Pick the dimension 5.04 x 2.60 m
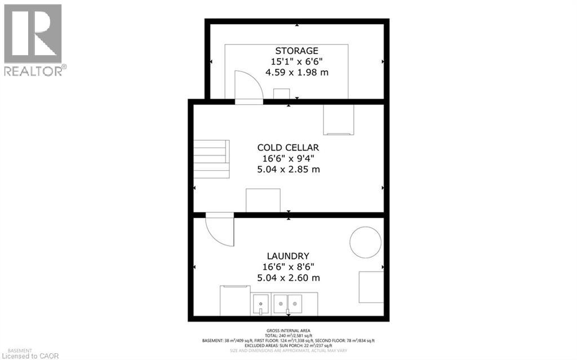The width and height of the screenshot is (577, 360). tap(288, 278)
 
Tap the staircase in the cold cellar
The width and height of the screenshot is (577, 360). tap(212, 159)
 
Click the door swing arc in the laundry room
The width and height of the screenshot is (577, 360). tap(220, 230)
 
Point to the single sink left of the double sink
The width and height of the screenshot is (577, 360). tap(261, 304)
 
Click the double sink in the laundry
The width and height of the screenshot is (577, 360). tap(287, 304)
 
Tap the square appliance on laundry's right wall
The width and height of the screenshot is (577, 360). tap(371, 286)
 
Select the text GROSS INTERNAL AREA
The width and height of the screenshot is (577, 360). tap(288, 331)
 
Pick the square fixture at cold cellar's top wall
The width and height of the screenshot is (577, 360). tap(338, 119)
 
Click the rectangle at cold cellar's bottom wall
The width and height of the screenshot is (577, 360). tap(263, 201)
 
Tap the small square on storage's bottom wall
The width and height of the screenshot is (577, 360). tap(281, 94)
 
